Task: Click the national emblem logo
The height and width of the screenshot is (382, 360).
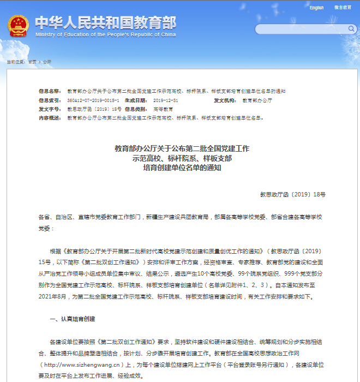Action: [x=19, y=26]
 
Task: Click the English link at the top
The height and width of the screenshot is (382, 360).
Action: [x=317, y=8]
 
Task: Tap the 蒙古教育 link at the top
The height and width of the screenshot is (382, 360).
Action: [x=343, y=8]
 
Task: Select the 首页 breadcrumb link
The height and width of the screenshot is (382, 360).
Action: [x=32, y=62]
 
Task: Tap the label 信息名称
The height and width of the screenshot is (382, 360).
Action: [x=50, y=91]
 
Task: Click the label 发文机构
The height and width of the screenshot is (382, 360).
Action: [x=225, y=100]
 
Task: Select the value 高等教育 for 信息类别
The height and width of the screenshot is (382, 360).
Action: [x=163, y=109]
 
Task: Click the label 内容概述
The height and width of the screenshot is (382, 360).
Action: [x=50, y=118]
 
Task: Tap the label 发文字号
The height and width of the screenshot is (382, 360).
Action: [x=50, y=109]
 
